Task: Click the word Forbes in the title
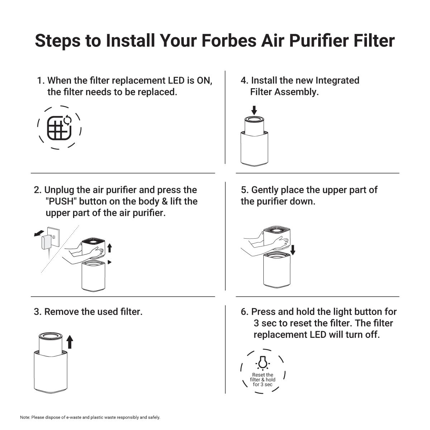[229, 41]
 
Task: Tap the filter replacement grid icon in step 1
[59, 128]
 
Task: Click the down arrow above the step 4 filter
[254, 110]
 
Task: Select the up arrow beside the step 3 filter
[70, 341]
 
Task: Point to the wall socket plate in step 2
[53, 237]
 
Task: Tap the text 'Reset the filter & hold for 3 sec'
[263, 379]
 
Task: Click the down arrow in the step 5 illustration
[293, 250]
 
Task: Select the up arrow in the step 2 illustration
[109, 248]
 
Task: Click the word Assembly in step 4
[296, 92]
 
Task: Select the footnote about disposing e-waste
[90, 417]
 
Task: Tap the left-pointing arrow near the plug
[39, 233]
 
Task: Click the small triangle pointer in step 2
[109, 262]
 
